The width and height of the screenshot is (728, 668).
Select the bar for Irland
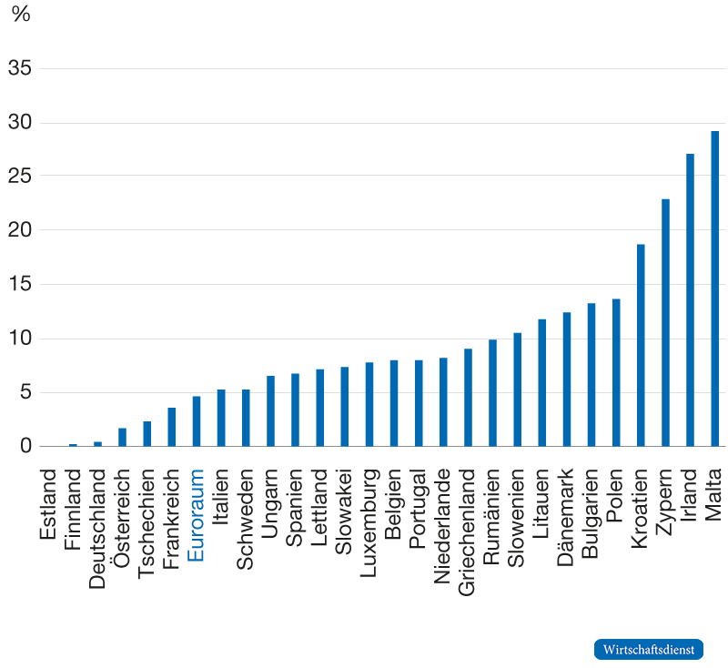[690, 300]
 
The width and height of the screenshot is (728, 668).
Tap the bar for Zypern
[665, 323]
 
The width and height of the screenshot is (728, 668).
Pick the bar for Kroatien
[641, 346]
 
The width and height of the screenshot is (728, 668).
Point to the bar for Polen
[616, 373]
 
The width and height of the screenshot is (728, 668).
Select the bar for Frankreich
[171, 428]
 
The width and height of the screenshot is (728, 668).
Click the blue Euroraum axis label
[197, 514]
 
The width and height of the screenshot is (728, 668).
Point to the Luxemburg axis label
[369, 516]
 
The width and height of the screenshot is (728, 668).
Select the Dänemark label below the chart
[567, 514]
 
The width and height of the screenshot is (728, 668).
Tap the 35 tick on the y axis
[19, 68]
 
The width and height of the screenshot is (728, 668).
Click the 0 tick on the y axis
[25, 447]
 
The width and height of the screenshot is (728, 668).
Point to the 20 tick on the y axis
[19, 230]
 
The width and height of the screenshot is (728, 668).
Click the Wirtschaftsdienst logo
[649, 649]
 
